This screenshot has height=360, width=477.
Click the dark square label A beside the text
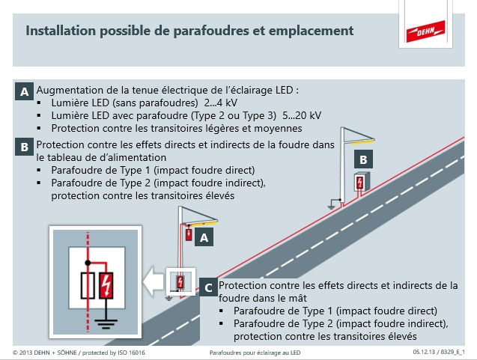pos(25,92)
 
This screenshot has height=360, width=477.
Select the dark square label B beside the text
pos(25,147)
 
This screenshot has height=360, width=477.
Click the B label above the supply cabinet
pos(362,159)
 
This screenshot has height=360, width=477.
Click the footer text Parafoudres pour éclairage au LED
pos(255,352)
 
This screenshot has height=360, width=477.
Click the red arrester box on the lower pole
pos(187,234)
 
